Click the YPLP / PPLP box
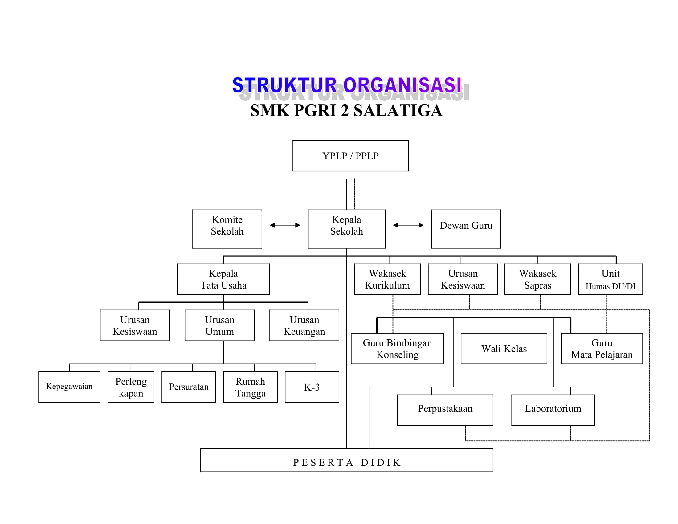[x=350, y=156]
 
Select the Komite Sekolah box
[x=227, y=229]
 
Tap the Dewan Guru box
[x=466, y=229]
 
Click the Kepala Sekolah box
[x=346, y=229]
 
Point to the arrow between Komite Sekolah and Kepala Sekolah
[x=285, y=225]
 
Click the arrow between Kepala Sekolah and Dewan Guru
[x=408, y=225]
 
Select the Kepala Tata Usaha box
[x=223, y=279]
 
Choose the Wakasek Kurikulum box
[x=387, y=279]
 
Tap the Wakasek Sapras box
[x=537, y=279]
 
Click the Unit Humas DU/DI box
[x=610, y=279]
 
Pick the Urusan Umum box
[x=219, y=325]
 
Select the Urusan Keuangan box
[x=304, y=325]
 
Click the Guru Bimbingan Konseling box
[x=397, y=348]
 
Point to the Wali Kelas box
[x=504, y=348]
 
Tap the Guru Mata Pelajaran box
[x=602, y=348]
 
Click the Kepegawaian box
[x=69, y=387]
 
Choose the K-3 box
[x=312, y=387]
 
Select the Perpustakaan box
[x=445, y=410]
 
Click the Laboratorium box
[x=553, y=410]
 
